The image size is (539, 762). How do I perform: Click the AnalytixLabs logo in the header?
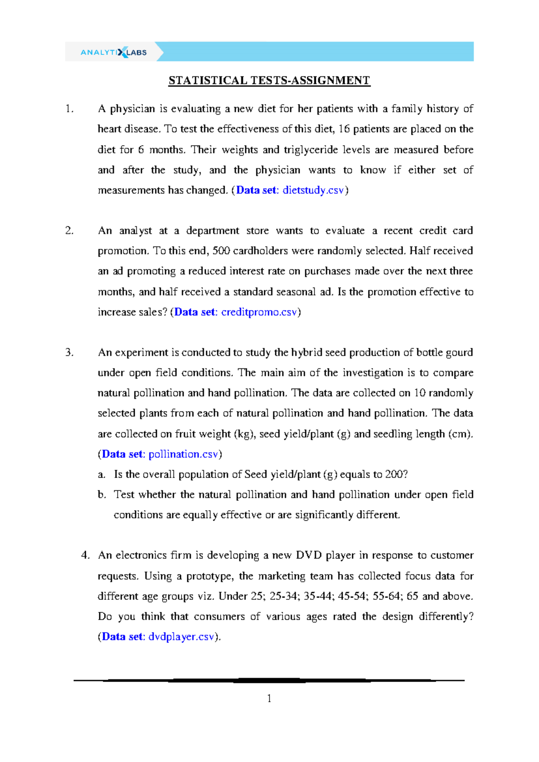(114, 52)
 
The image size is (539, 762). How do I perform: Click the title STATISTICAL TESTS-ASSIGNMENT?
(269, 80)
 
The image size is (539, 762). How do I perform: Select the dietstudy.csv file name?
(313, 190)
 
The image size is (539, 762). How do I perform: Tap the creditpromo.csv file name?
(259, 312)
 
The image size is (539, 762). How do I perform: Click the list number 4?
(85, 555)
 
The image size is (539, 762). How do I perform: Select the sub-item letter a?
(102, 474)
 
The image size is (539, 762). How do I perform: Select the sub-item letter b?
(102, 495)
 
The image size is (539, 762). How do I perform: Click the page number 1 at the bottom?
(269, 698)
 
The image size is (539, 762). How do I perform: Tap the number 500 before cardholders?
(221, 251)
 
